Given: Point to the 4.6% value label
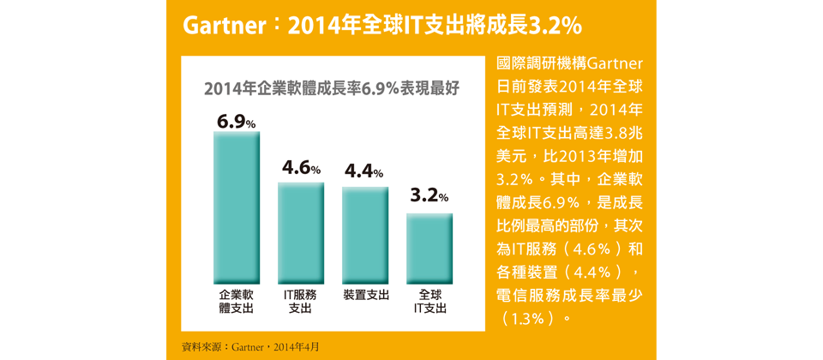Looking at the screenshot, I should point(301,168).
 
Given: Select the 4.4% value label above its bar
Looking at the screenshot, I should point(364,172).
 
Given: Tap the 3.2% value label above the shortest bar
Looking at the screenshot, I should point(430,196).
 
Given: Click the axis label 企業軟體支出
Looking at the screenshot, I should point(236,301).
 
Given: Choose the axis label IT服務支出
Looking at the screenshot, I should point(300,301).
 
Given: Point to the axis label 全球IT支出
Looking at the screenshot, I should point(430,301).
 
